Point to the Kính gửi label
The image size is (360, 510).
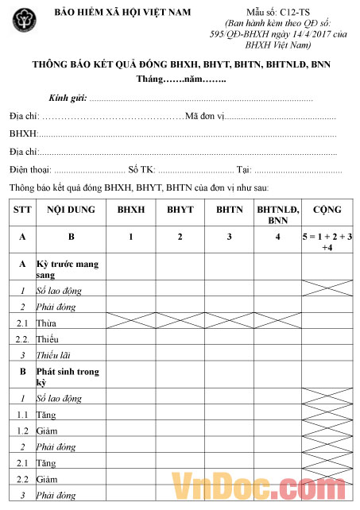coord(68,99)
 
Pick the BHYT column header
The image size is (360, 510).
coord(180,210)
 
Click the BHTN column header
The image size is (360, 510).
coord(229,210)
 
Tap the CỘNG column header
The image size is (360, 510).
coord(327,210)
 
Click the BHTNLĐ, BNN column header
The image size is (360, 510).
coord(277,214)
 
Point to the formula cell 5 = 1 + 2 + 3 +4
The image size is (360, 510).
coord(327,242)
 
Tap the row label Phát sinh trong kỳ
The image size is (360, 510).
coord(70,376)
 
